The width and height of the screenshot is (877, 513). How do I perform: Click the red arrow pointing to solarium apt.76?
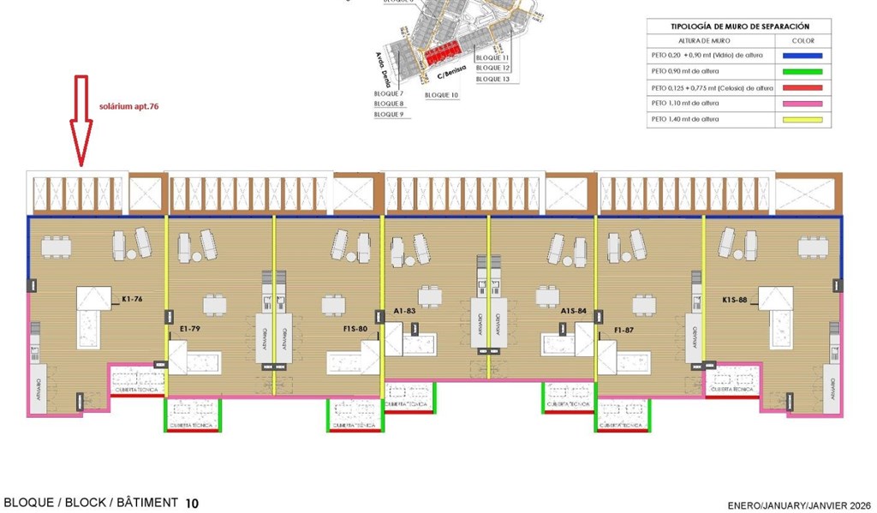[81, 120]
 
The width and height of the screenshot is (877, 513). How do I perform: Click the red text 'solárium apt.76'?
[129, 107]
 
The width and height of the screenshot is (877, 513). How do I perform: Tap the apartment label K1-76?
[132, 301]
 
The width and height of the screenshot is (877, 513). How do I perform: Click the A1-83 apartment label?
[405, 312]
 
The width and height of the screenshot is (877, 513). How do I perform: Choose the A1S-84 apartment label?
[573, 312]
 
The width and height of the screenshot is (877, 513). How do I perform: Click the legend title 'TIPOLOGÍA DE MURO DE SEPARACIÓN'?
[739, 27]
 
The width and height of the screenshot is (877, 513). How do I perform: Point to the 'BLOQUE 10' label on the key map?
[442, 95]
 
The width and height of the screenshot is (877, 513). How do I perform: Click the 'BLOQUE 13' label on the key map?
[492, 79]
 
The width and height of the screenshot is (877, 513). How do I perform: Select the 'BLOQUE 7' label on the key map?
[389, 93]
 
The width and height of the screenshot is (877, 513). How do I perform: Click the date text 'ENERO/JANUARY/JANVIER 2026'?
[800, 504]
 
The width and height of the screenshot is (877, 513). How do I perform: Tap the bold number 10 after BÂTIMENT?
[192, 504]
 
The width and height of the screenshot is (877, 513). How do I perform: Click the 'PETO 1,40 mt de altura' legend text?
[685, 119]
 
